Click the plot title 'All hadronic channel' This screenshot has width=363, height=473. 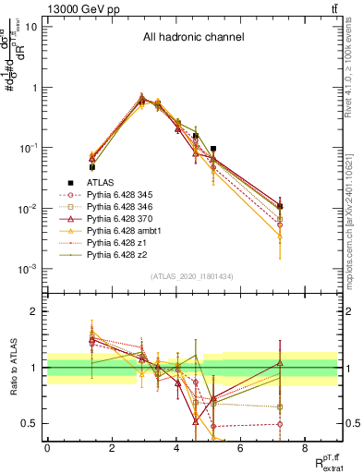coord(193,38)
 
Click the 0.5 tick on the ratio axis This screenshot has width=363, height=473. coord(31,423)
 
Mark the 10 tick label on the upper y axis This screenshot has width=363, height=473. coord(31,27)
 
